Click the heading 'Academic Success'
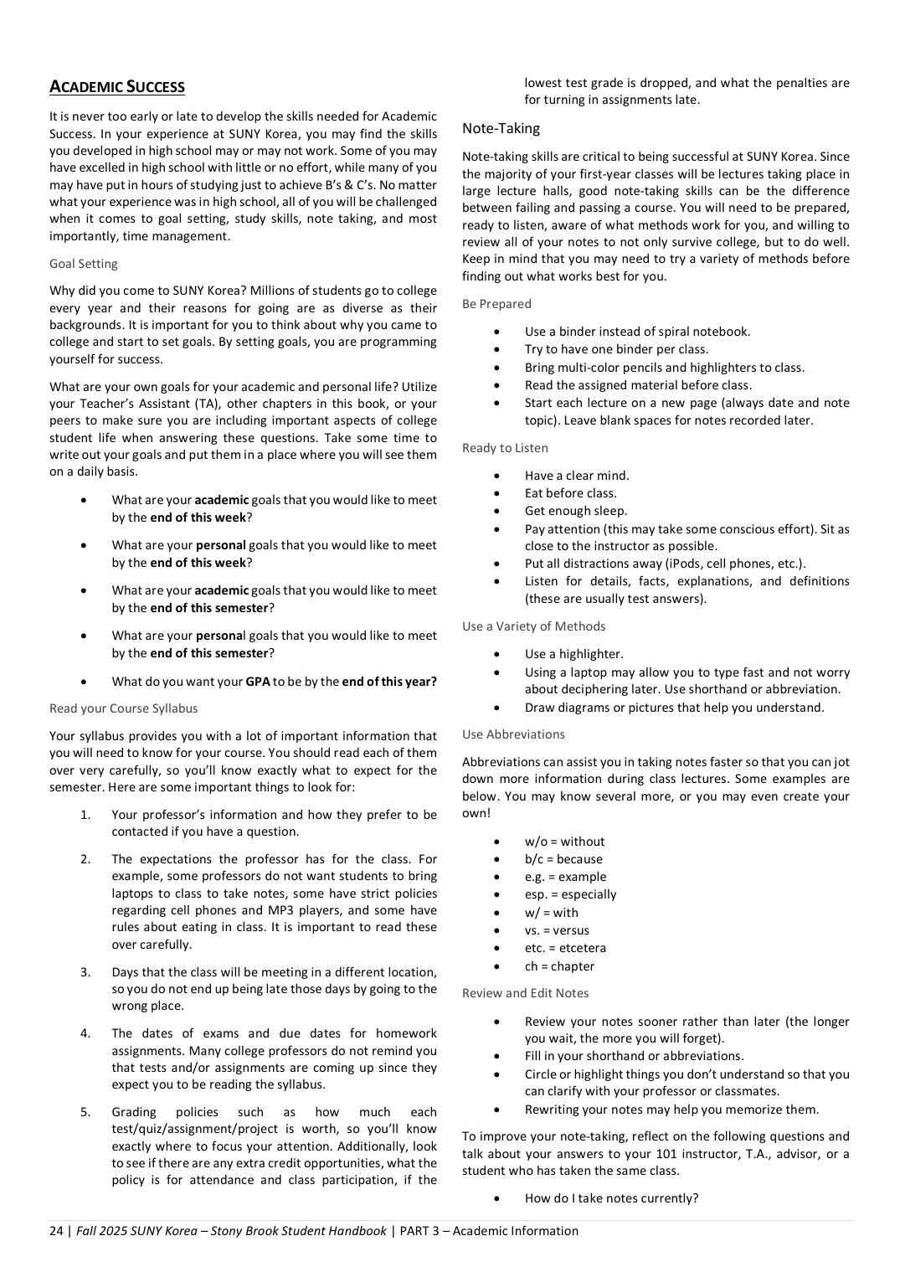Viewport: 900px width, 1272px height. tap(117, 87)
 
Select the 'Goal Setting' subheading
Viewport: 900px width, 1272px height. tap(84, 264)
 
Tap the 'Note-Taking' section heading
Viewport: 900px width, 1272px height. tap(501, 128)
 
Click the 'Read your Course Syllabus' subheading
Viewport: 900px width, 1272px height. tap(124, 708)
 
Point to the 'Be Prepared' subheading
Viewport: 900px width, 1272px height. tap(496, 304)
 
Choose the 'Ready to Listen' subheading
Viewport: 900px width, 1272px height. tap(505, 448)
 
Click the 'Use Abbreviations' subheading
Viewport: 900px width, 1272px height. tap(513, 734)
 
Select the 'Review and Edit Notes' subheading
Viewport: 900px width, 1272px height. tap(525, 993)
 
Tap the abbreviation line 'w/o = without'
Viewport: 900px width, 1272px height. tap(564, 842)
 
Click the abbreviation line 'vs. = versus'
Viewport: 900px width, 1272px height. tap(557, 930)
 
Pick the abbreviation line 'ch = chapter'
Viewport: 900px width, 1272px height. tap(559, 966)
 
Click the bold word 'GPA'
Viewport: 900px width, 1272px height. tap(258, 682)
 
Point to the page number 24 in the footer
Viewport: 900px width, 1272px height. tap(56, 1231)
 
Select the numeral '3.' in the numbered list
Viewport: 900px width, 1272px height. tap(85, 972)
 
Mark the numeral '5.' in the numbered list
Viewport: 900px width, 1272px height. tap(85, 1112)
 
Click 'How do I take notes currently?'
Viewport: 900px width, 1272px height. tap(611, 1198)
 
